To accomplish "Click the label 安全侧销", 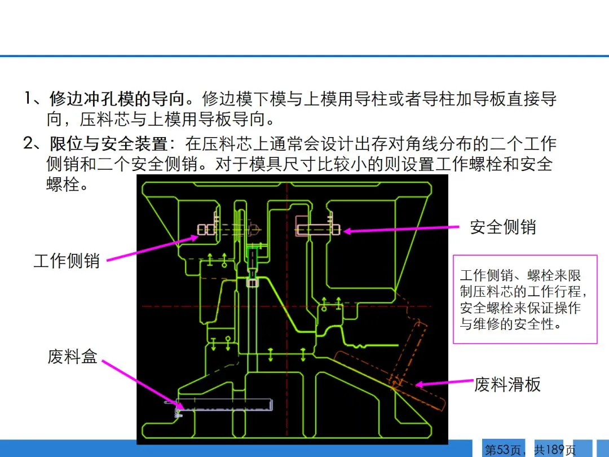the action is click(502, 227).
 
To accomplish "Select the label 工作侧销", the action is click(67, 261).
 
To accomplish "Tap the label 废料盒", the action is click(72, 357).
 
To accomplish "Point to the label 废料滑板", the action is click(507, 384).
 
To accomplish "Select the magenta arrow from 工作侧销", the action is click(152, 248).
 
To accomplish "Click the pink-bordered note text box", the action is click(525, 299).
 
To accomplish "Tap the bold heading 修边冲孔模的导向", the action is click(117, 99).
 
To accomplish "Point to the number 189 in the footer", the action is click(555, 450).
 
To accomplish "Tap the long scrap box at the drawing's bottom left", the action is click(224, 404).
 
